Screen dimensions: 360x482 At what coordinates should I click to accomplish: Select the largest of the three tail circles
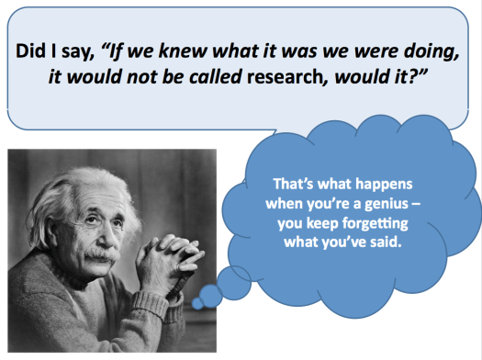coord(236,280)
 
